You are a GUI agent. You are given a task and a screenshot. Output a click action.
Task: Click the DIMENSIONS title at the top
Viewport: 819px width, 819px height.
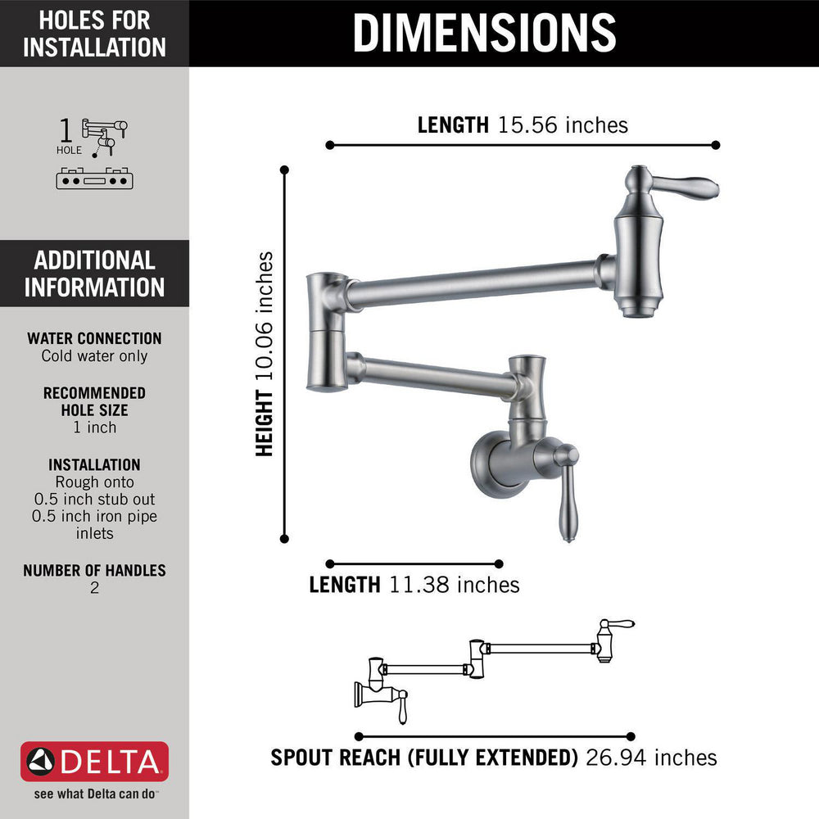pyautogui.click(x=484, y=33)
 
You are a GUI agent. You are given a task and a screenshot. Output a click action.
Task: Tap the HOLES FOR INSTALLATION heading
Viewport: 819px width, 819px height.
pyautogui.click(x=94, y=34)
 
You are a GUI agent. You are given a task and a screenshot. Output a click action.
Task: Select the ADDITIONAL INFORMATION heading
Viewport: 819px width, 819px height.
pyautogui.click(x=94, y=274)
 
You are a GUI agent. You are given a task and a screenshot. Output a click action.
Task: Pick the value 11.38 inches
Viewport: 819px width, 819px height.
pyautogui.click(x=455, y=585)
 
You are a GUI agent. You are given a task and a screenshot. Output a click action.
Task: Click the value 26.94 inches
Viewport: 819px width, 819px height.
pyautogui.click(x=651, y=758)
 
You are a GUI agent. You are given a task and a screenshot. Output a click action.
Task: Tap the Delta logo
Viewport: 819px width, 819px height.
pyautogui.click(x=94, y=762)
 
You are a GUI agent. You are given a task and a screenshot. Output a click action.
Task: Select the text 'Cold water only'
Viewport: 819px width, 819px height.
pyautogui.click(x=94, y=355)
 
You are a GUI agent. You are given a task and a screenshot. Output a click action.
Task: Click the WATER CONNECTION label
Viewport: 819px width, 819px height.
pyautogui.click(x=94, y=338)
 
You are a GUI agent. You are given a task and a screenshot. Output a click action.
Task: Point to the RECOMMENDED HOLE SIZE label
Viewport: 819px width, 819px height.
pyautogui.click(x=94, y=401)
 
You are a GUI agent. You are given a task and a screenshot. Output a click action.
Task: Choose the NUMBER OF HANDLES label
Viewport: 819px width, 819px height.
pyautogui.click(x=94, y=570)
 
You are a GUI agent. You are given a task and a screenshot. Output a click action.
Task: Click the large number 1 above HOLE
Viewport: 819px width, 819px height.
pyautogui.click(x=66, y=130)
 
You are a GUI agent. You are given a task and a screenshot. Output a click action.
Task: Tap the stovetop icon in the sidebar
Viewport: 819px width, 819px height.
pyautogui.click(x=94, y=179)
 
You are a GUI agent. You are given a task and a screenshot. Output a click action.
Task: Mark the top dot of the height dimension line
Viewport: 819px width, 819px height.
pyautogui.click(x=285, y=170)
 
